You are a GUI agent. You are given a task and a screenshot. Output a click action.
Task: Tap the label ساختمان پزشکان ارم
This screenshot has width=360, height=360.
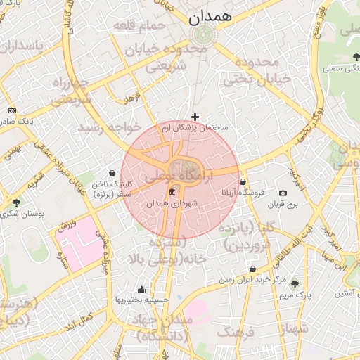(x=196, y=129)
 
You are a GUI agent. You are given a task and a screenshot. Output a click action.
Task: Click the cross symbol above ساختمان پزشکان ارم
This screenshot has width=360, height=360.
(x=195, y=117)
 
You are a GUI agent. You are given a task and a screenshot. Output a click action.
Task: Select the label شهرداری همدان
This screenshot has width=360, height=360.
(x=172, y=203)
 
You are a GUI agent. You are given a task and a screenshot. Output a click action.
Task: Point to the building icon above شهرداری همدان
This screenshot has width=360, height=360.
(x=172, y=193)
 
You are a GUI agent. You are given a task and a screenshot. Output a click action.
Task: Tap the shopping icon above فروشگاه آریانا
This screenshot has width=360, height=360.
(x=243, y=181)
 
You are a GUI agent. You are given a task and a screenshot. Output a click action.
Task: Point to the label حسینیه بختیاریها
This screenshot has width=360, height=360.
(x=142, y=300)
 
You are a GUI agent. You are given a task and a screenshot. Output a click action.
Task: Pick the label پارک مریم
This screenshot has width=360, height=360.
(x=295, y=295)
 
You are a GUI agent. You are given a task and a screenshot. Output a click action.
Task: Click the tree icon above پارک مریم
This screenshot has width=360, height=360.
(x=295, y=285)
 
